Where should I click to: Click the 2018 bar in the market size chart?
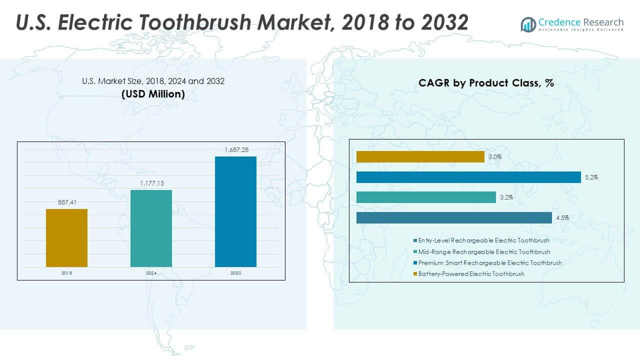[x=66, y=237]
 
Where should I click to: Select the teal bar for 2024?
[x=151, y=228]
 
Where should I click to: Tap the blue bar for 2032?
[x=235, y=211]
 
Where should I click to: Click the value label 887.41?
[x=66, y=202]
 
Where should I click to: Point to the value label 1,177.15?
[x=151, y=183]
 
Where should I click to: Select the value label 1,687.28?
[x=235, y=150]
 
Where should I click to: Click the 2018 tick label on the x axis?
[x=66, y=273]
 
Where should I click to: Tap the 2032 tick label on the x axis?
[x=235, y=273]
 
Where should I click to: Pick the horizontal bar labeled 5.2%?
[x=468, y=177]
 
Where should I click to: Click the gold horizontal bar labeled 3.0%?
[x=420, y=157]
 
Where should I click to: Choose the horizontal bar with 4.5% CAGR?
[x=454, y=217]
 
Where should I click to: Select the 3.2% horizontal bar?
[x=425, y=197]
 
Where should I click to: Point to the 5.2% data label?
[x=590, y=177]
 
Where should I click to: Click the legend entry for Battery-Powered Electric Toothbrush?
[x=471, y=274]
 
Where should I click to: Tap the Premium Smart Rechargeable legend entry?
[x=489, y=263]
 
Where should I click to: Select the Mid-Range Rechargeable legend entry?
[x=484, y=252]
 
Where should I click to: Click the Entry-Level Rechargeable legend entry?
[x=483, y=240]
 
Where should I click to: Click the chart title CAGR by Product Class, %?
[x=486, y=83]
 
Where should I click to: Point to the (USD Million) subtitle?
[x=153, y=94]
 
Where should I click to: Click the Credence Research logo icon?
[x=528, y=23]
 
